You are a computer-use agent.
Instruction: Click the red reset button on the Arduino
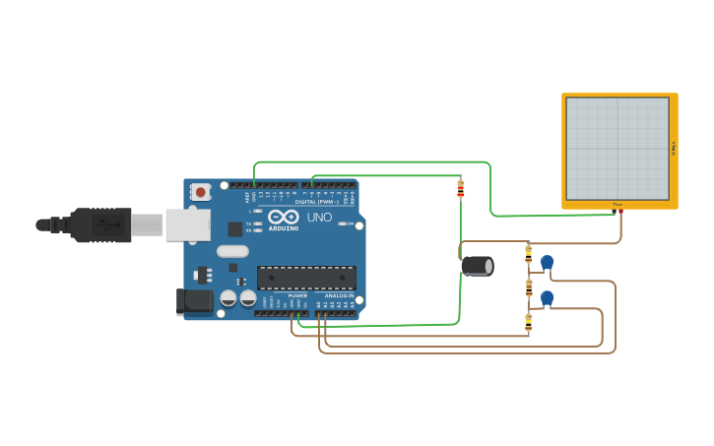coord(201,192)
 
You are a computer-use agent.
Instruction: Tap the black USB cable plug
coord(98,224)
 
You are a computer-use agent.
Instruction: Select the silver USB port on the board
coord(186,224)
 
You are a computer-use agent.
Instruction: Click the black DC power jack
coord(195,301)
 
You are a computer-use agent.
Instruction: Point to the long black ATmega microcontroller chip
coord(306,278)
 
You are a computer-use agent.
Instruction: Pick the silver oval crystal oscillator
coord(233,251)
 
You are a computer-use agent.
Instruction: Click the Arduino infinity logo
coord(284,217)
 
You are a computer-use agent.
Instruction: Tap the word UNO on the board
coord(319,218)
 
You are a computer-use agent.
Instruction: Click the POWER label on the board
coord(297,295)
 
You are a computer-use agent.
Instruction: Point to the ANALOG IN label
coord(339,295)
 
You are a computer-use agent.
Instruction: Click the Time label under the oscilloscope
coord(617,205)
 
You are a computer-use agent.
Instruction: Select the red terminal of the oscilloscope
coord(620,211)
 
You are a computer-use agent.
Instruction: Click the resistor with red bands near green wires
coord(460,188)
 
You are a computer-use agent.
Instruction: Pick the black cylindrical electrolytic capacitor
coord(478,266)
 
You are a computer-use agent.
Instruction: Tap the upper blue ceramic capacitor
coord(547,262)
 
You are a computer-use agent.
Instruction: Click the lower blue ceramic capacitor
coord(547,297)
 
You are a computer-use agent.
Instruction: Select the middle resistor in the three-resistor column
coord(529,288)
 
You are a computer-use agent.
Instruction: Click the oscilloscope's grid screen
coord(617,148)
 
